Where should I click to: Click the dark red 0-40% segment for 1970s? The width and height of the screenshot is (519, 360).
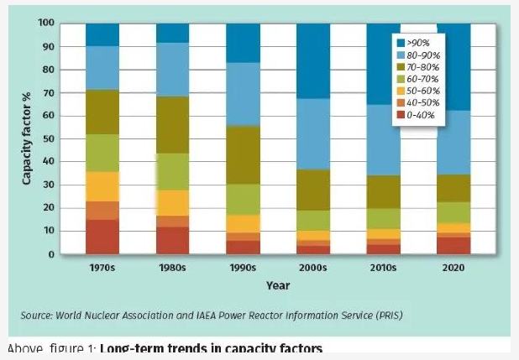102,237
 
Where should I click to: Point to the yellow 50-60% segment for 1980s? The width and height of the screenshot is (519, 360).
172,202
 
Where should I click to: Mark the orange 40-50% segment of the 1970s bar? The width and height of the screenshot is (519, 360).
102,210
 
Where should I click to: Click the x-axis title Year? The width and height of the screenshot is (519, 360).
278,285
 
